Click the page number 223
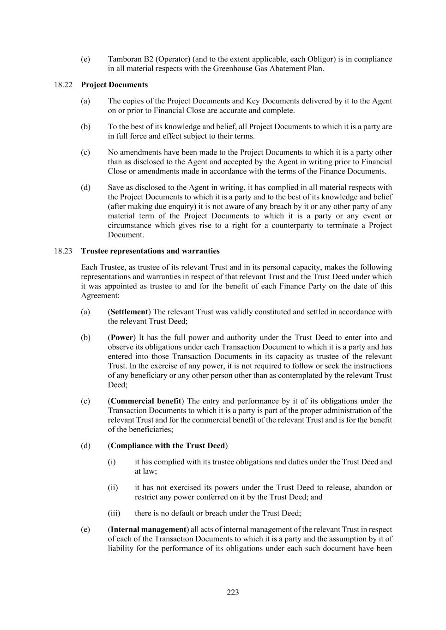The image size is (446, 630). click(233, 593)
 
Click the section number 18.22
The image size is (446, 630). click(63, 85)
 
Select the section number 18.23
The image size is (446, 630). click(63, 251)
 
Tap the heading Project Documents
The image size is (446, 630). click(115, 85)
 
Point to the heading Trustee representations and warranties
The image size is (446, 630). click(150, 251)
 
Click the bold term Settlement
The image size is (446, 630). click(129, 312)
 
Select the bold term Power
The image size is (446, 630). click(122, 338)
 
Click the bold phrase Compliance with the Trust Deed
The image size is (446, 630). click(168, 446)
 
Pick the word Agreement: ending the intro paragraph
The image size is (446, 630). click(100, 296)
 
